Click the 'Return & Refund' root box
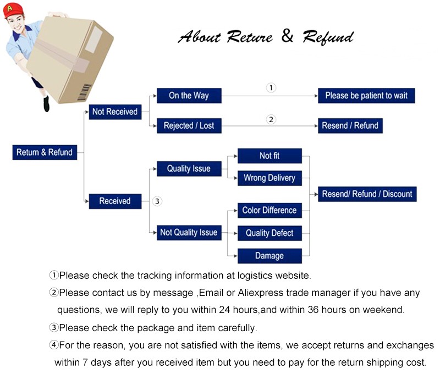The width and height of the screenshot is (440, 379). pos(45,152)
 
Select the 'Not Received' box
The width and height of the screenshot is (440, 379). pos(115,112)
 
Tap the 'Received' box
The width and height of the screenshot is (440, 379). pos(115,201)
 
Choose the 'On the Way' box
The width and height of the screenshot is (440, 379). pos(189,96)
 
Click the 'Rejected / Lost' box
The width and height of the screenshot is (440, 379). pos(189,126)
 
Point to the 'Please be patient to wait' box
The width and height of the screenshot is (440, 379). pos(366,96)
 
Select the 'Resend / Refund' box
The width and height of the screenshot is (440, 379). pos(350,126)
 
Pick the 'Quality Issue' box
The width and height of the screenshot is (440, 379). pos(189,169)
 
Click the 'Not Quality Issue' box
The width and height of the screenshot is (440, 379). pos(189,233)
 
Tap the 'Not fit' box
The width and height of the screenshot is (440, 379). pos(269,156)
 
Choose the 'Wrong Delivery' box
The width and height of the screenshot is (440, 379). pos(269,178)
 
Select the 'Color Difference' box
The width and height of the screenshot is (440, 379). pos(269,211)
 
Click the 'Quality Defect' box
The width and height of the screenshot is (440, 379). pos(269,233)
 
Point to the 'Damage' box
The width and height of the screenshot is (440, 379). pos(269,256)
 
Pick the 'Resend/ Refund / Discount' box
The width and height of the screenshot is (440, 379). pos(367,194)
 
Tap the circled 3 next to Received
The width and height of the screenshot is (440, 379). pos(157,202)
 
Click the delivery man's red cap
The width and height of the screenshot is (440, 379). pos(14,9)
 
